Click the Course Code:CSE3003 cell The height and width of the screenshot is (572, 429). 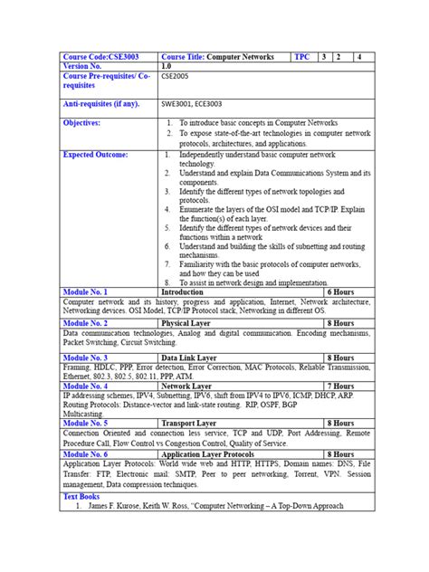point(98,56)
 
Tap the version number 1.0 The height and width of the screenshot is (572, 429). point(167,66)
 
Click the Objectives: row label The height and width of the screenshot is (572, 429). point(82,121)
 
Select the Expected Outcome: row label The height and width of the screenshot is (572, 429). point(95,155)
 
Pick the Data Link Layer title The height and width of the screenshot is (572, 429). point(190,358)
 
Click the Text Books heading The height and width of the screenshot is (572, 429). point(82,496)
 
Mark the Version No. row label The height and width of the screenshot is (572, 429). point(86,66)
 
